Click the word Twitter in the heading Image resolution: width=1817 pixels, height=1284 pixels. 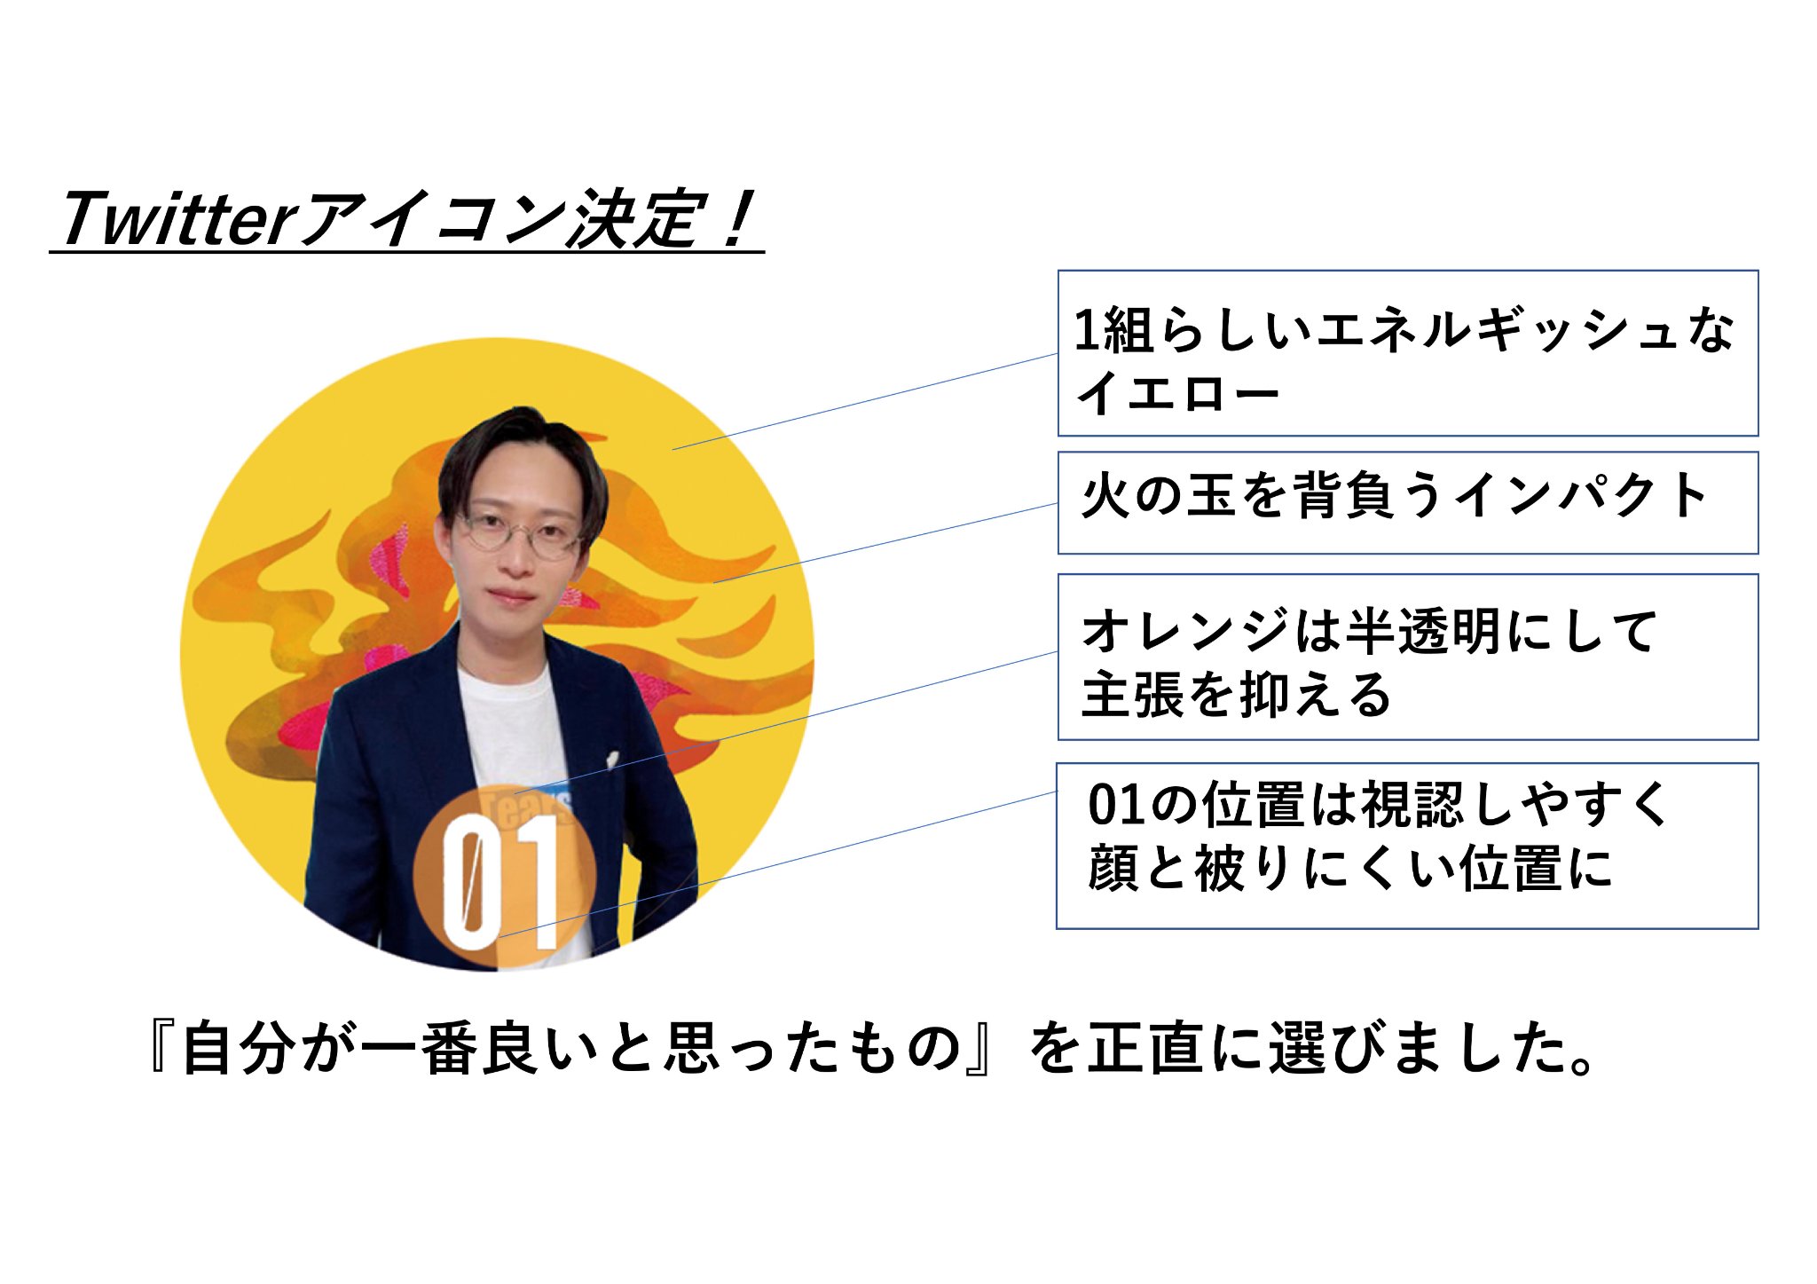point(176,218)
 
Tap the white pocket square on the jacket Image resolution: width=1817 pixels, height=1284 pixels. point(612,760)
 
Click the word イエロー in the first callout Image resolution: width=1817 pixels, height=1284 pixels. point(1177,392)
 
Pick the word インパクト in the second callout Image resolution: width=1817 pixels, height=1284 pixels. point(1581,495)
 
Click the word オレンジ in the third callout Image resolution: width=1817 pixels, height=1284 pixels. point(1184,631)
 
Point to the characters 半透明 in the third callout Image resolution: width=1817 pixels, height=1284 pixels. point(1425,631)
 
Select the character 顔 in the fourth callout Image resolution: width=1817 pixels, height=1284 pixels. point(1113,868)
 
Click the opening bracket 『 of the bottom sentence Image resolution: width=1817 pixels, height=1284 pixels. point(165,1049)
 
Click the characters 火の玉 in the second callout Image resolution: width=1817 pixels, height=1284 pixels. point(1159,495)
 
